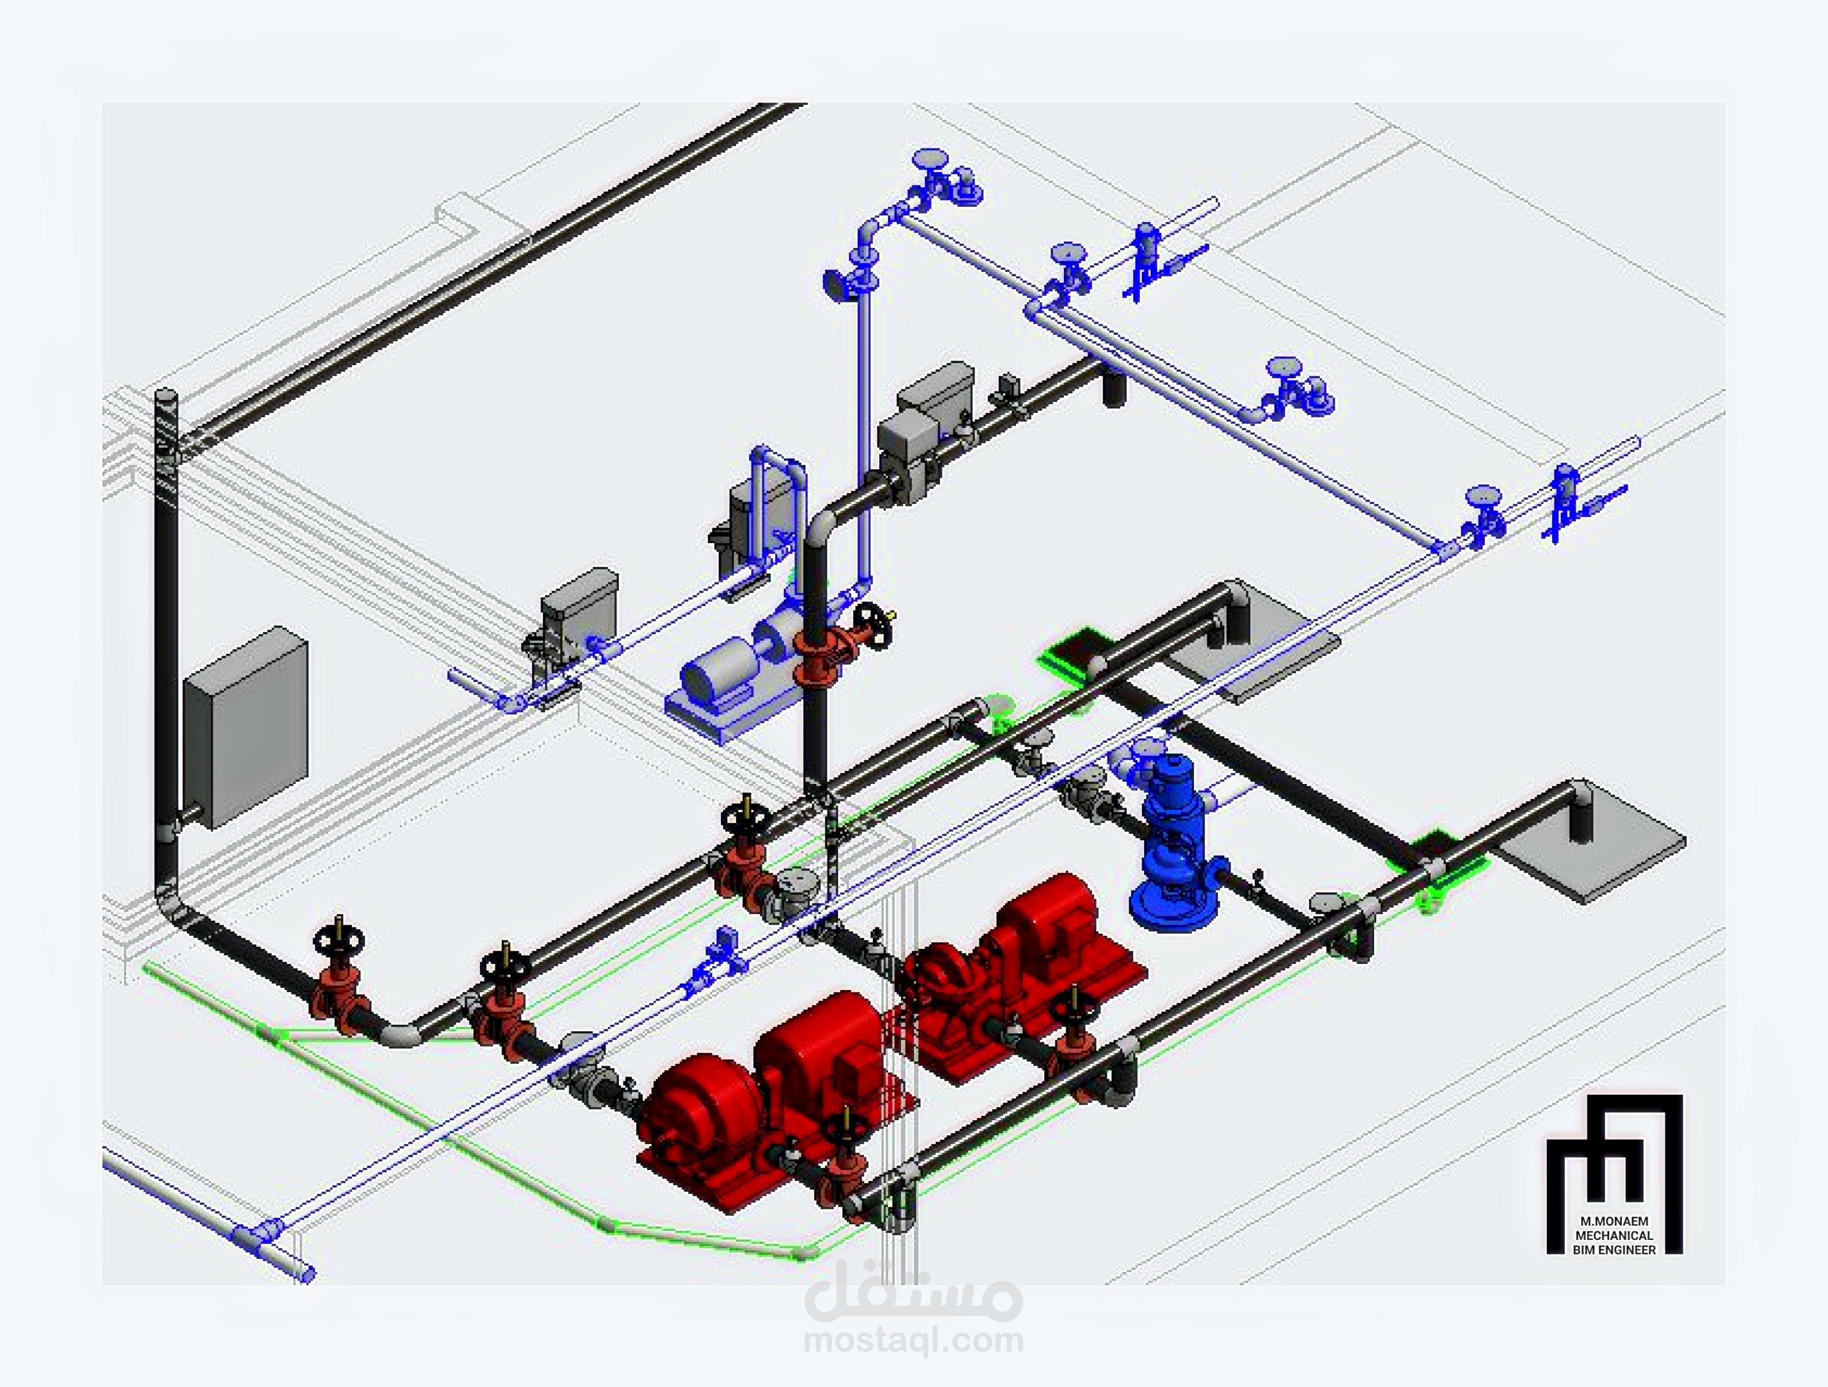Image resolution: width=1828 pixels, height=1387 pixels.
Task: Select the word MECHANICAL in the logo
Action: pos(1614,1235)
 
